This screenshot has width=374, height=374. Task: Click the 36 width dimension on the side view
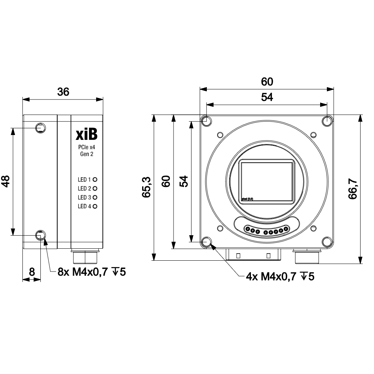click(x=63, y=92)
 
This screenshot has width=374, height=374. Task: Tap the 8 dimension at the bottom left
click(x=32, y=272)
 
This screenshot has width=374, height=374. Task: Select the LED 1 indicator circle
click(x=95, y=180)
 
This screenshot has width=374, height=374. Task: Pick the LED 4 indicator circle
click(x=95, y=206)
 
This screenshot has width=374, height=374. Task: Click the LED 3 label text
click(x=84, y=197)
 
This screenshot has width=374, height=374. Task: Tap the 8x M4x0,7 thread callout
click(x=91, y=272)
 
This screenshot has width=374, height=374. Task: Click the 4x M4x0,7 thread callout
click(x=280, y=277)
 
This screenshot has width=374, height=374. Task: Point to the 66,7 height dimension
click(x=353, y=189)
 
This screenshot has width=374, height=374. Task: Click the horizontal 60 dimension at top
click(x=267, y=82)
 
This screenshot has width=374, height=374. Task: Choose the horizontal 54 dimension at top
click(x=267, y=97)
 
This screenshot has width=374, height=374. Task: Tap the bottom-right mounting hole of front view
click(x=327, y=242)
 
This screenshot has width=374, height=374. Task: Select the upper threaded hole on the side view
click(x=40, y=128)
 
